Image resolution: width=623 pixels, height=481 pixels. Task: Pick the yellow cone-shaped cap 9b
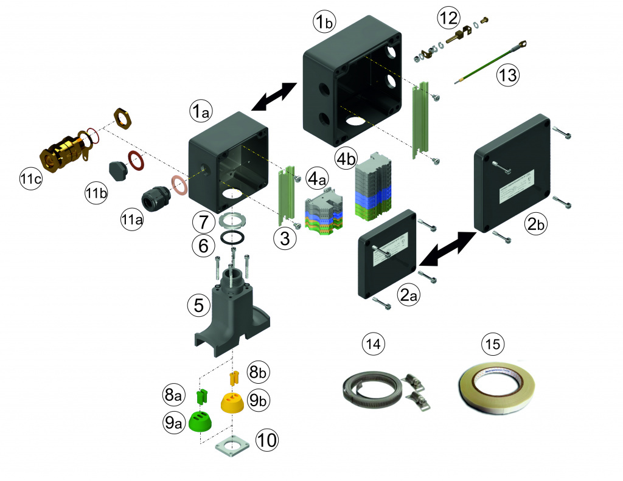tap(232, 402)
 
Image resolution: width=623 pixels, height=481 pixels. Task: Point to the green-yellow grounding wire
tap(490, 63)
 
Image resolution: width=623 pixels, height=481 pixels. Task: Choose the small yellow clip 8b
tap(233, 378)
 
